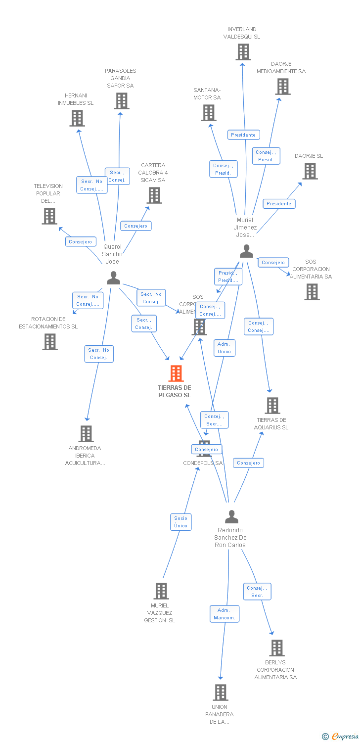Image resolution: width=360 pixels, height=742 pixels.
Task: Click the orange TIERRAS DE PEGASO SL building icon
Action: (176, 373)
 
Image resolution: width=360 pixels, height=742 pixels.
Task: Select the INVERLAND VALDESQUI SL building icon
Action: (243, 52)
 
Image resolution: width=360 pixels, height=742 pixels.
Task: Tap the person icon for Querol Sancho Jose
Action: (113, 278)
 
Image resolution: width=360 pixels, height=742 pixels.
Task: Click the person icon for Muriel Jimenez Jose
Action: (246, 251)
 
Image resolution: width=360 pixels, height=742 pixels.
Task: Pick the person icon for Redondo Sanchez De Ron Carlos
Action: (231, 517)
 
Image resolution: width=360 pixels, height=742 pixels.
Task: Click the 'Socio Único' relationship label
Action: (181, 522)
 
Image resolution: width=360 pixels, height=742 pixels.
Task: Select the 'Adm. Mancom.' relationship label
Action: (225, 614)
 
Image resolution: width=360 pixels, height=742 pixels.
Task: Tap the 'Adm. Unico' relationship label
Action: (224, 348)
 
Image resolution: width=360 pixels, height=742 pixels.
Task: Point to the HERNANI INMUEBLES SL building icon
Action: (77, 118)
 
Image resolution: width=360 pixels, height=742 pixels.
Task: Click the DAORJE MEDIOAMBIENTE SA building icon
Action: (282, 87)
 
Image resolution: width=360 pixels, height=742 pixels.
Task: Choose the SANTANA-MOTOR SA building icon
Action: (209, 113)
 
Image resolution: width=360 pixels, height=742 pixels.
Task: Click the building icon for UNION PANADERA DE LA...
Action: (221, 692)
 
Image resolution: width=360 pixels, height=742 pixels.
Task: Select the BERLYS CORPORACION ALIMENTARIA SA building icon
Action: (276, 648)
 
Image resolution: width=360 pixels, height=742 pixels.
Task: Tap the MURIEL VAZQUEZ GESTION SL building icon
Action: (161, 591)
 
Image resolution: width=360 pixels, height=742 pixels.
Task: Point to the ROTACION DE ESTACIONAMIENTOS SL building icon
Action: (49, 342)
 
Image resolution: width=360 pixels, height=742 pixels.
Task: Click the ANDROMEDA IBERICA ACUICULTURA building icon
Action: (86, 433)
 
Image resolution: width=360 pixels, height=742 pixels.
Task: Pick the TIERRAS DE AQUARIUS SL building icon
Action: (272, 406)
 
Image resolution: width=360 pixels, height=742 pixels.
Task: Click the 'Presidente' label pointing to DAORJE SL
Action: (279, 204)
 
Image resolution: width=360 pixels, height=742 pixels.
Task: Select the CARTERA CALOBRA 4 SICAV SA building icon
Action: (154, 195)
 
